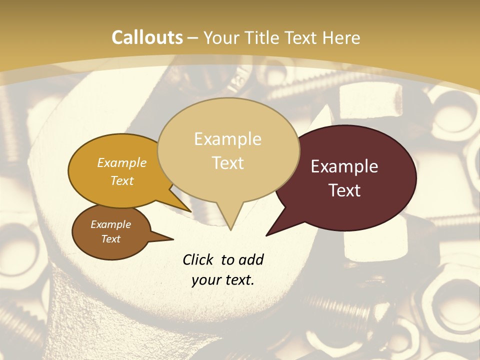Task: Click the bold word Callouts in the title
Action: (x=147, y=37)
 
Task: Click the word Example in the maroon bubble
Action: (x=344, y=166)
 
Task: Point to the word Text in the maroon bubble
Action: (x=344, y=190)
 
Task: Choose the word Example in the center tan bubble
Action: (x=227, y=139)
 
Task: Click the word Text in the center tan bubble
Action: (x=227, y=163)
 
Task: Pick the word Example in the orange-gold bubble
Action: (x=121, y=163)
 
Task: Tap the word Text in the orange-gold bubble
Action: (x=121, y=180)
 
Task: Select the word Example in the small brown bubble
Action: (x=110, y=224)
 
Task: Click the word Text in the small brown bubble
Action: (x=110, y=239)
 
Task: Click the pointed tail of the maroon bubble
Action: (x=269, y=233)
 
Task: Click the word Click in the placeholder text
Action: (x=198, y=259)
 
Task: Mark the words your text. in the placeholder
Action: (x=223, y=280)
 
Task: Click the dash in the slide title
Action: (x=193, y=38)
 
